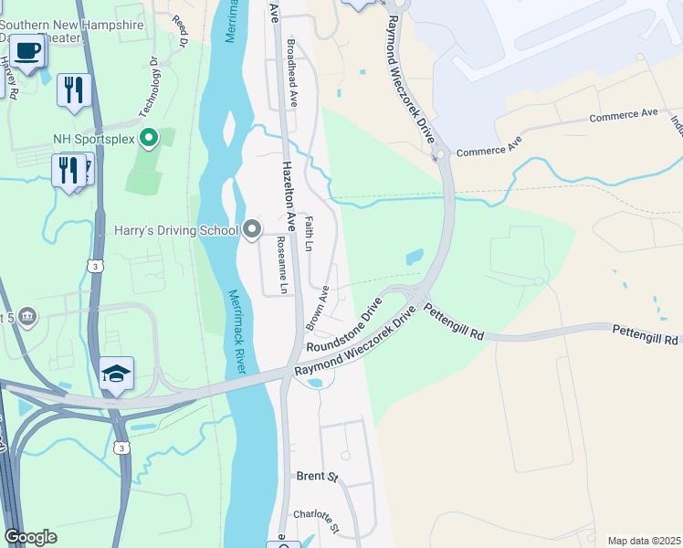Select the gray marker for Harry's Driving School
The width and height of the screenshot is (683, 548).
click(x=253, y=230)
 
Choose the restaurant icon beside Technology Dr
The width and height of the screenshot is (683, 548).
click(x=74, y=90)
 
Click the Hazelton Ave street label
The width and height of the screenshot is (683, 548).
click(x=289, y=195)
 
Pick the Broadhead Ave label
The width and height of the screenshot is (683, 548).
click(x=292, y=74)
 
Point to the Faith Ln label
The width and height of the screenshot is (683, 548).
click(x=309, y=234)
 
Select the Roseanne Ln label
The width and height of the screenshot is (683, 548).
click(x=283, y=266)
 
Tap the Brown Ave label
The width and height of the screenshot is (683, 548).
click(x=318, y=307)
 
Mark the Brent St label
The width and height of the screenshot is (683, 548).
click(x=317, y=477)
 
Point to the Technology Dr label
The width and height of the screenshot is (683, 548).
click(x=149, y=88)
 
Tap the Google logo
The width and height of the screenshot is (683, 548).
click(x=30, y=537)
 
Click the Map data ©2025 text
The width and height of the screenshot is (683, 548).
click(x=645, y=541)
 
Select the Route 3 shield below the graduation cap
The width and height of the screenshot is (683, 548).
click(x=121, y=447)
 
